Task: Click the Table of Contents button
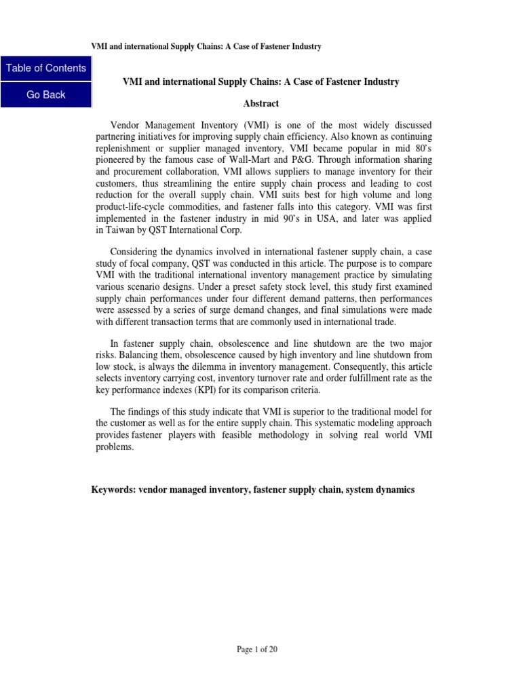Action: (x=46, y=68)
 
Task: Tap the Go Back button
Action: (x=46, y=95)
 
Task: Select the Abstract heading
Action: (x=260, y=104)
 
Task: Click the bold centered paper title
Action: (x=260, y=81)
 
